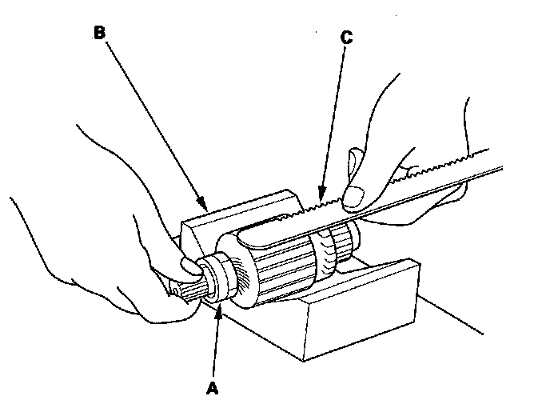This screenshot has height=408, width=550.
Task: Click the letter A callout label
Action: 213,388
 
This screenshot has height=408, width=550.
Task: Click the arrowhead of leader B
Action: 206,209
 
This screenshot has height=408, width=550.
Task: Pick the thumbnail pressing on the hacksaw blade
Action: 354,194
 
